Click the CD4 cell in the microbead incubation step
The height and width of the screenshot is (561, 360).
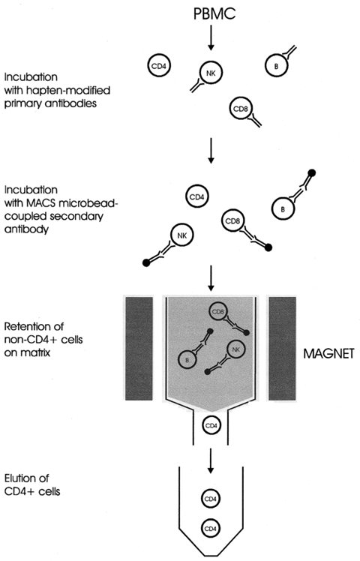click(x=197, y=198)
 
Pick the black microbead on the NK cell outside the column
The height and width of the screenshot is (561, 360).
click(x=146, y=262)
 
